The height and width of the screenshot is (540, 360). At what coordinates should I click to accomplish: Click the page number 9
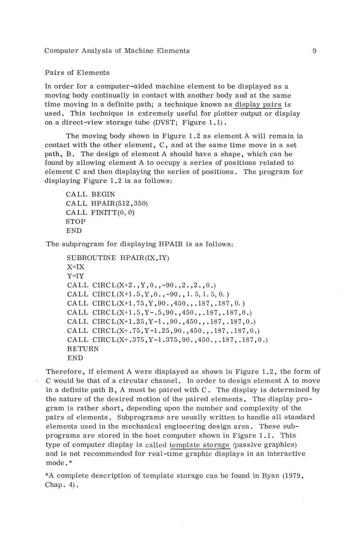315,51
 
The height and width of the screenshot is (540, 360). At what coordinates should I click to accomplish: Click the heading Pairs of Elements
77,73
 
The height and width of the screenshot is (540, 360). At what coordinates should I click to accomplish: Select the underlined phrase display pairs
258,105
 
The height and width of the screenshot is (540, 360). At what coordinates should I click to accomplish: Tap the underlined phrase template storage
200,445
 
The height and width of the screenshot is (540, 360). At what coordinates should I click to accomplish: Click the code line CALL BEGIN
90,194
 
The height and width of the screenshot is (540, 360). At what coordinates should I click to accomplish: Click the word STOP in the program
75,222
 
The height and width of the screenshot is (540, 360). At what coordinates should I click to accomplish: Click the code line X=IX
76,267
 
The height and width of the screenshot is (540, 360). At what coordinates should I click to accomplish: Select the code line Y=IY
76,276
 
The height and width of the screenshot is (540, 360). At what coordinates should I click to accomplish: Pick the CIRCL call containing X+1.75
156,304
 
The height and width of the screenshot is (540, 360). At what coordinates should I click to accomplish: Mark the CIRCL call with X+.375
167,340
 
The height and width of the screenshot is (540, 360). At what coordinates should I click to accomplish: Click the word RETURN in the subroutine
83,349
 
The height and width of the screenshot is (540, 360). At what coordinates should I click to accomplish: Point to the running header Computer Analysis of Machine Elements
117,51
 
